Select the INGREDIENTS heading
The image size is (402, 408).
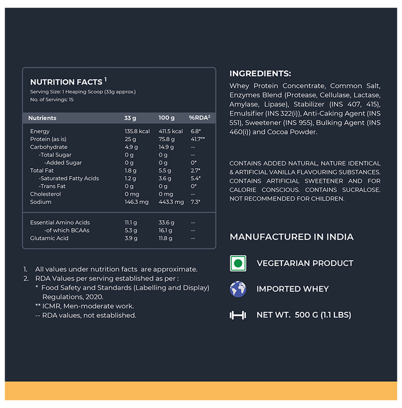tap(260, 73)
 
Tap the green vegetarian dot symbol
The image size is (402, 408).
tap(238, 263)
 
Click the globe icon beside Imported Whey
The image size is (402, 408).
tap(238, 289)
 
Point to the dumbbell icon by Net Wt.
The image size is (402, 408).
tap(238, 315)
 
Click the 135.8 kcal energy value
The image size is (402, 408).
tap(137, 132)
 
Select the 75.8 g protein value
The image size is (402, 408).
tap(166, 139)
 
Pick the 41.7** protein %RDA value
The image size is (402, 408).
tap(199, 139)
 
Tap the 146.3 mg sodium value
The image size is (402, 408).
tap(137, 202)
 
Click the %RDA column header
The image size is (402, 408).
tap(199, 118)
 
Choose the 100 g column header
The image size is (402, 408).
tap(166, 118)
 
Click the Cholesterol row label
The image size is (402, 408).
tap(45, 194)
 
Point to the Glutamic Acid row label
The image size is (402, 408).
tap(49, 238)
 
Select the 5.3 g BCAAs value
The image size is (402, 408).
tap(131, 230)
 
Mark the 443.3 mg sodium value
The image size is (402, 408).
tap(171, 202)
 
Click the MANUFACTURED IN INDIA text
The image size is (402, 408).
tap(291, 237)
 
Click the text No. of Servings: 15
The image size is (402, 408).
tap(52, 100)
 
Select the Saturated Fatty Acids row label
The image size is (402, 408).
tap(69, 178)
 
